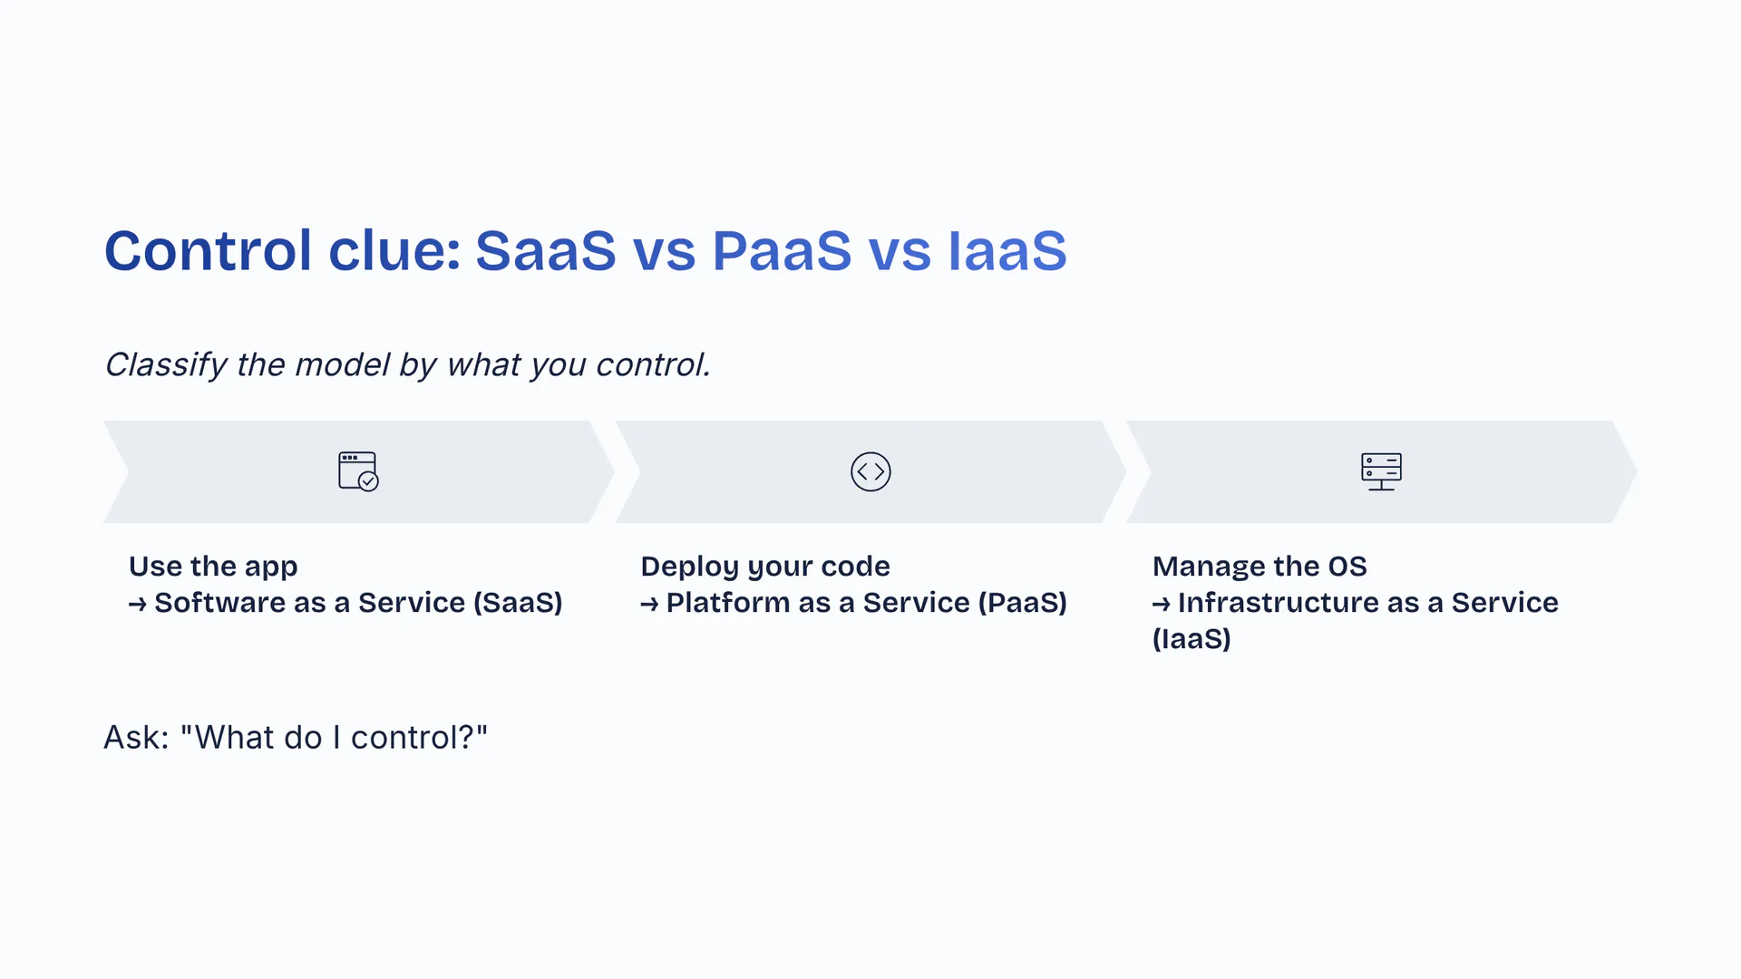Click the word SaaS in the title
point(546,251)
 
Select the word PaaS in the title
point(782,251)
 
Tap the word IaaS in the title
point(1007,251)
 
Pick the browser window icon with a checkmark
point(358,471)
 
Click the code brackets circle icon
point(870,471)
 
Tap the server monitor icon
point(1381,471)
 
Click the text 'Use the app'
point(213,567)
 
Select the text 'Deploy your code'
point(765,567)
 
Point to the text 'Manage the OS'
point(1260,567)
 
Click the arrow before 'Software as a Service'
point(137,604)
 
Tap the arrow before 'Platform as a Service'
point(649,604)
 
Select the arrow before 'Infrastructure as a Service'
point(1161,604)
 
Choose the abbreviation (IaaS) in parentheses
point(1191,639)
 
